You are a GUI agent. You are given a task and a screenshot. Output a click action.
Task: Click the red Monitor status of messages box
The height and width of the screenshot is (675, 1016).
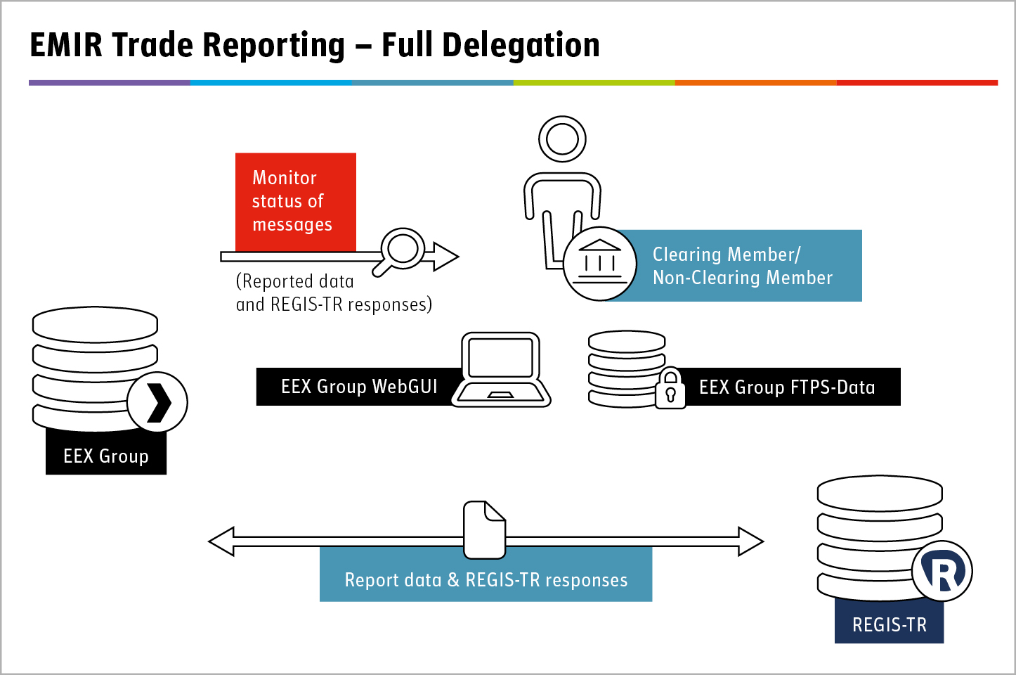(296, 202)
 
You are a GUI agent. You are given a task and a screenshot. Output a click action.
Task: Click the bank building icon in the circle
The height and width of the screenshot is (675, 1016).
(599, 263)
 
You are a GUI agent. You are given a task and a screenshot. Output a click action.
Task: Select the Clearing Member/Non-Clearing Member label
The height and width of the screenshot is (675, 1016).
(743, 266)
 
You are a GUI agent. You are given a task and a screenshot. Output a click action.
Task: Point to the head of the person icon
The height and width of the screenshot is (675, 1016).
(562, 139)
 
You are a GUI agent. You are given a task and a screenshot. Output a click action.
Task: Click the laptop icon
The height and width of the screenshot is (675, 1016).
(501, 370)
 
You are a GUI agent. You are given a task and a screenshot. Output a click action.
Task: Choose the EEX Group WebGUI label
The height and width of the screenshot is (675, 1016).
(359, 387)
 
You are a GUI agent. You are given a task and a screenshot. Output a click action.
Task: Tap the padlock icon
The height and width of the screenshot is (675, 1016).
(670, 389)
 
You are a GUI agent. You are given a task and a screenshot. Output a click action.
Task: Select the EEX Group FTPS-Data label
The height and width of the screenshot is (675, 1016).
(787, 387)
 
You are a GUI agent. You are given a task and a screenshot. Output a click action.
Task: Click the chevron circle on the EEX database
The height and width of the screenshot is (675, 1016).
(157, 402)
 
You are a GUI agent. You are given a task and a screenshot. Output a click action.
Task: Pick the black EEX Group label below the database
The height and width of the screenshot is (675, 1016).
(106, 452)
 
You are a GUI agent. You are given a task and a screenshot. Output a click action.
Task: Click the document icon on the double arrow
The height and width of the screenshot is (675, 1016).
(484, 529)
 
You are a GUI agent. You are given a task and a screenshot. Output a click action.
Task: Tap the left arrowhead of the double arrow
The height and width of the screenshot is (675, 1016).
(221, 541)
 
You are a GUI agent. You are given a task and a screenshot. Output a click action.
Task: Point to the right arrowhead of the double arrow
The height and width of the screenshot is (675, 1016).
(751, 541)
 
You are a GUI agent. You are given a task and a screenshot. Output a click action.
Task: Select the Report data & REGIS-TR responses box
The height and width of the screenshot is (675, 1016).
(486, 574)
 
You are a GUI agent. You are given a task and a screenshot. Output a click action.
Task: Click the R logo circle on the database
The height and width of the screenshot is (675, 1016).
(942, 571)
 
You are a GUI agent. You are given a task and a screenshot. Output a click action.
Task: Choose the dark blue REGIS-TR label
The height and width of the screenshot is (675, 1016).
(889, 621)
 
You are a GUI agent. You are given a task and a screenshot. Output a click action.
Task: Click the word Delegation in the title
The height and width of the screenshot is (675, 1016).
(521, 46)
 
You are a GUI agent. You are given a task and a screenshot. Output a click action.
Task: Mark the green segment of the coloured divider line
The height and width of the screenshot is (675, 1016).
(594, 82)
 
